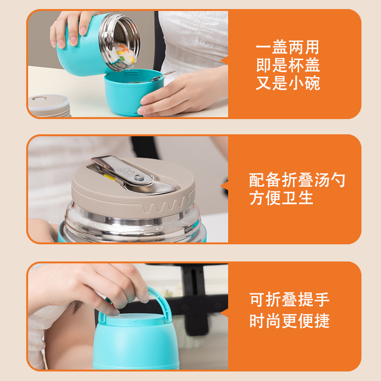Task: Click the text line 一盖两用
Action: [x=287, y=48]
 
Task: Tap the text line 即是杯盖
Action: [x=287, y=66]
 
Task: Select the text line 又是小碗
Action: [x=287, y=84]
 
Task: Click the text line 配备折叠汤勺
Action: [x=297, y=180]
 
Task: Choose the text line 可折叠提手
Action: [x=289, y=300]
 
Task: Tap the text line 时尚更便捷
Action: [x=289, y=321]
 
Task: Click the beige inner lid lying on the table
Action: [x=48, y=105]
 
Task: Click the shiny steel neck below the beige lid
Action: [x=133, y=224]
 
